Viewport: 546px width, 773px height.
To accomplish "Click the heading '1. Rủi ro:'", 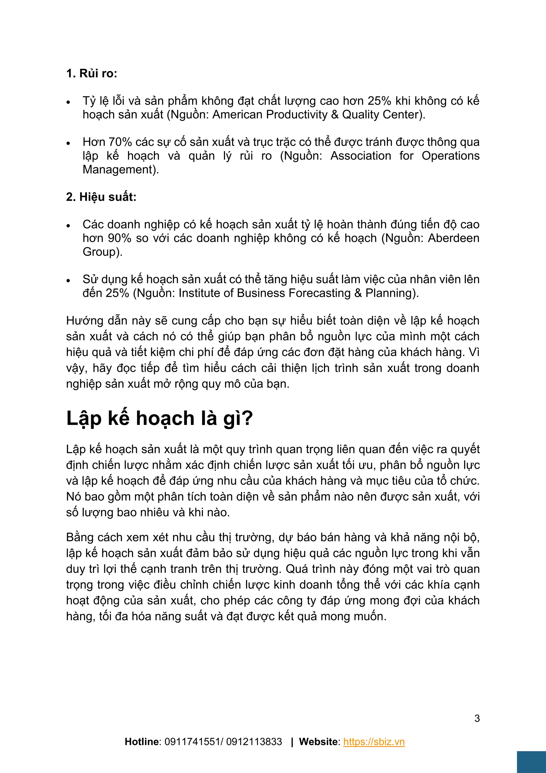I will (91, 73).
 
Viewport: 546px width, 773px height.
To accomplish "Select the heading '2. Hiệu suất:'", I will (101, 197).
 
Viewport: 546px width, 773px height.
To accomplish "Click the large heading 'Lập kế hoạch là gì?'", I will (159, 419).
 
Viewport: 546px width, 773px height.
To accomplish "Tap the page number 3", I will (477, 719).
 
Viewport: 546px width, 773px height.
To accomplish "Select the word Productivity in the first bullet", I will (296, 115).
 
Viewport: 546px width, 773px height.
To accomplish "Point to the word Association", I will (361, 156).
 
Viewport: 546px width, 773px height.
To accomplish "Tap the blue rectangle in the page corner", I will (531, 762).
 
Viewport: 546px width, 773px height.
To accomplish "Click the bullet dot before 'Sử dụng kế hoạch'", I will (68, 280).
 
